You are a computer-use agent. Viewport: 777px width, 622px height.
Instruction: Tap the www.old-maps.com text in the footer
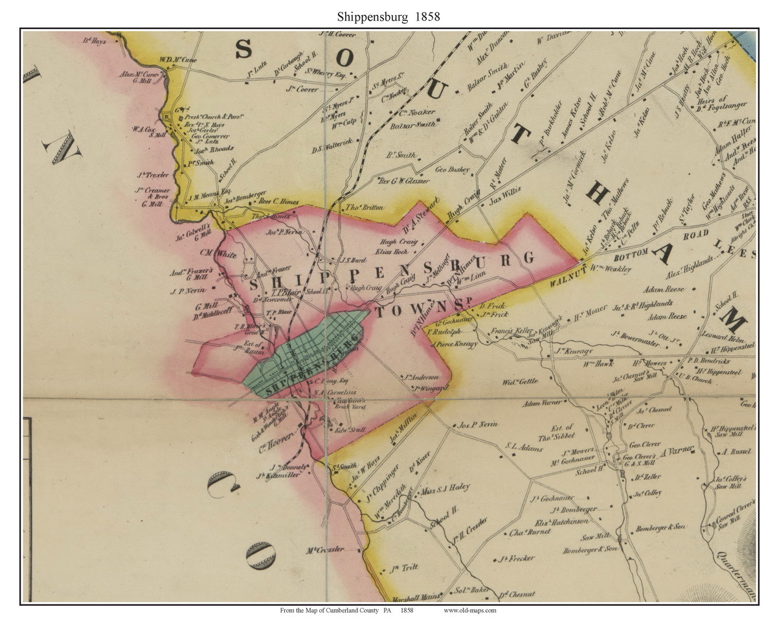[470, 610]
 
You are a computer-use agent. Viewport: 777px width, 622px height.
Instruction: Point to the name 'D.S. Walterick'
[331, 149]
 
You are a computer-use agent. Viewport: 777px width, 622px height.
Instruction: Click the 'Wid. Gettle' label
[520, 382]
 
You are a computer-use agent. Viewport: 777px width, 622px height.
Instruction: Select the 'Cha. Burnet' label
[529, 533]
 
